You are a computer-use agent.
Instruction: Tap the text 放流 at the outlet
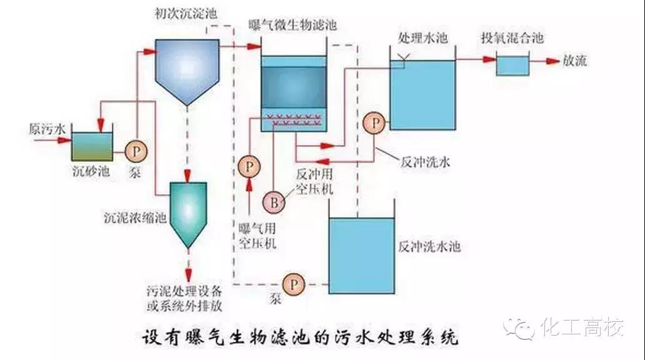(574, 61)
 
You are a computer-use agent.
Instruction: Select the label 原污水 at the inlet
(47, 129)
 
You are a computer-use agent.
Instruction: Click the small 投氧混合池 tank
(512, 66)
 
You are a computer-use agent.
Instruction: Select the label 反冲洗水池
(429, 247)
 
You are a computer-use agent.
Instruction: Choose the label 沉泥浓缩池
(134, 219)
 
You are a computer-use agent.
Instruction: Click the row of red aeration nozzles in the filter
(293, 117)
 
